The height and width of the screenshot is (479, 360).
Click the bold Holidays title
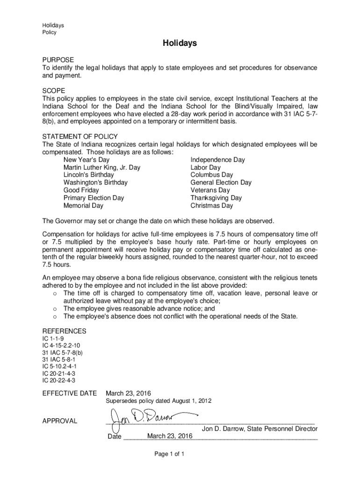(x=180, y=44)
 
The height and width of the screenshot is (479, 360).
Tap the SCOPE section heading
(x=54, y=90)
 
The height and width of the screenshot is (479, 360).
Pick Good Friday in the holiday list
(x=81, y=190)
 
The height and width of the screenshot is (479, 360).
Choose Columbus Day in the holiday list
(x=211, y=175)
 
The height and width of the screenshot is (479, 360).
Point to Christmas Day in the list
(x=211, y=205)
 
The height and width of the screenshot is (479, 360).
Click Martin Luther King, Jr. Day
(x=101, y=167)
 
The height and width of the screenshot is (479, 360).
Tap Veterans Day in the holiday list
(x=210, y=190)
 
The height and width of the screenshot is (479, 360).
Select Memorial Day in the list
(x=83, y=205)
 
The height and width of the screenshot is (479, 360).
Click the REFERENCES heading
(x=64, y=331)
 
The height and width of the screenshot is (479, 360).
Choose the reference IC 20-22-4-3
(x=58, y=380)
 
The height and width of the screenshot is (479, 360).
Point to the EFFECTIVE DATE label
(x=70, y=393)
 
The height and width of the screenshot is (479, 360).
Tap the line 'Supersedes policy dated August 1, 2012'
(x=158, y=401)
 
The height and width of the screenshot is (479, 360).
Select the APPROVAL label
(x=59, y=421)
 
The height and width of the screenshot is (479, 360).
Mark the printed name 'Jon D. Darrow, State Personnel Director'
(x=259, y=428)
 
